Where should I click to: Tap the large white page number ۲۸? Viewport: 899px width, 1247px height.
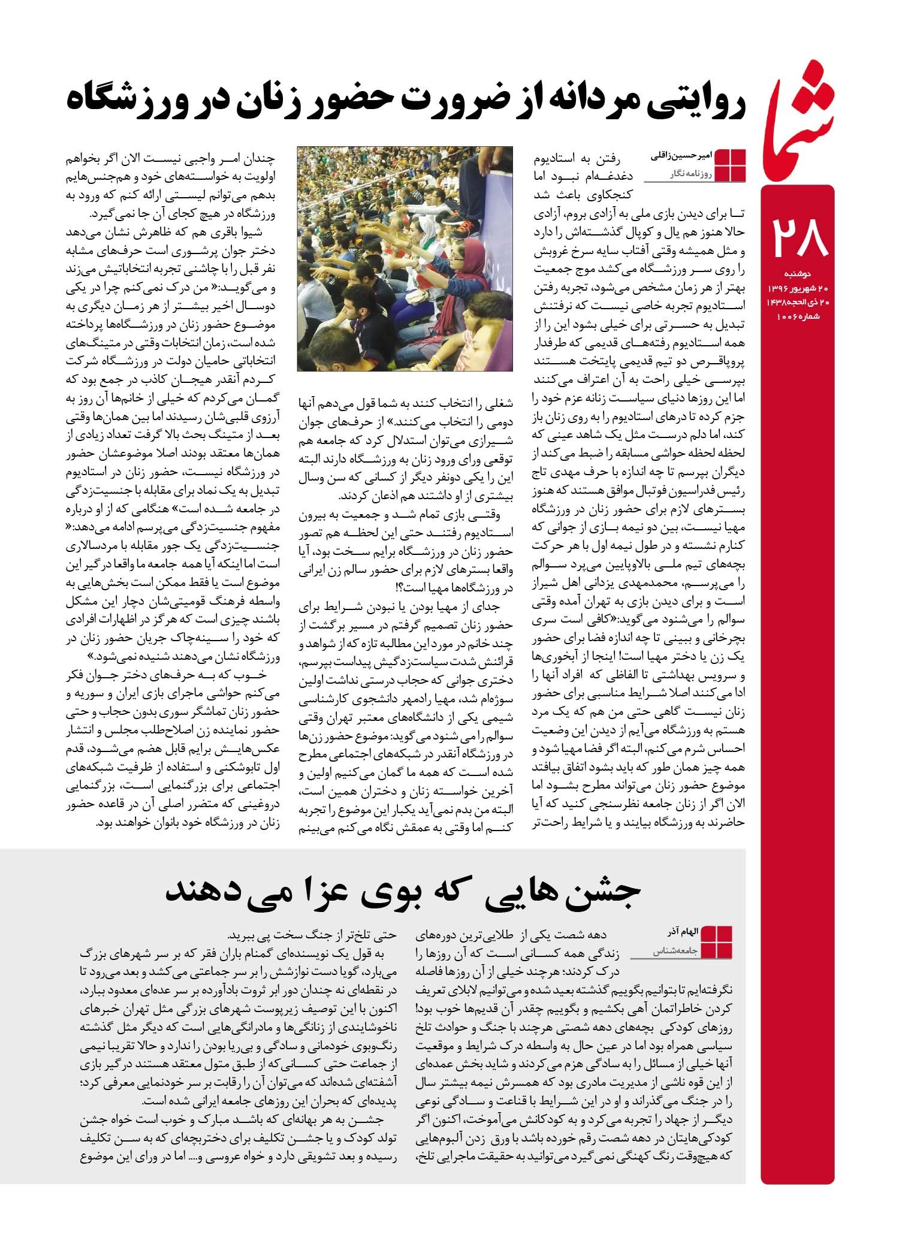[801, 237]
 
